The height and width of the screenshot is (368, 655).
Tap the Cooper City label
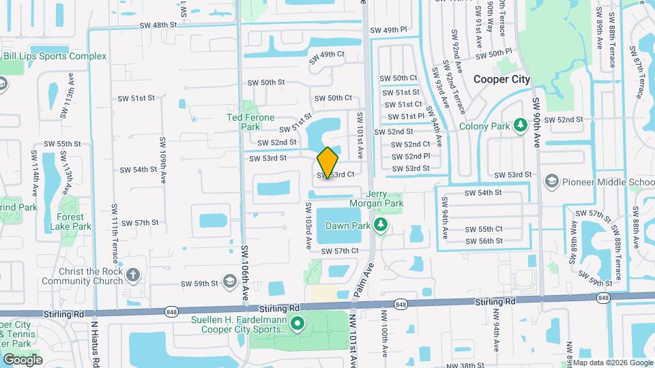(x=501, y=79)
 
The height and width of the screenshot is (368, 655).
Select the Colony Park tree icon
(x=521, y=125)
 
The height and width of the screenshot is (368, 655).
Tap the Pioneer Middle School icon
(x=551, y=182)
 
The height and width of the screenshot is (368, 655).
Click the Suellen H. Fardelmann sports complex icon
(x=297, y=323)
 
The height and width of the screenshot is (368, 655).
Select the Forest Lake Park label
(x=75, y=221)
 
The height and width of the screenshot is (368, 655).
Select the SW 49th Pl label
(x=394, y=31)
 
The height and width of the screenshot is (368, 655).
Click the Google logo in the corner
(x=23, y=359)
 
